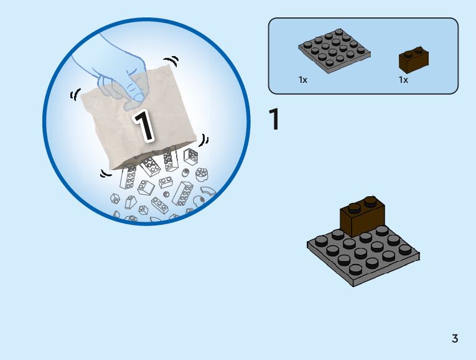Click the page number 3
[x=455, y=339]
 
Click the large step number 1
[x=274, y=120]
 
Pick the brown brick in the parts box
[x=414, y=60]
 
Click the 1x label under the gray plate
[x=303, y=80]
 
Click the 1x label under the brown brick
[x=403, y=80]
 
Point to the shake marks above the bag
[x=174, y=61]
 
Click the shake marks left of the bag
[x=76, y=95]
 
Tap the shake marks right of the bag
[x=205, y=140]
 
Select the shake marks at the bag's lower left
[x=105, y=173]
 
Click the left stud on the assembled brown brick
[x=355, y=207]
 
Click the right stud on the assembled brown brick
[x=371, y=201]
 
